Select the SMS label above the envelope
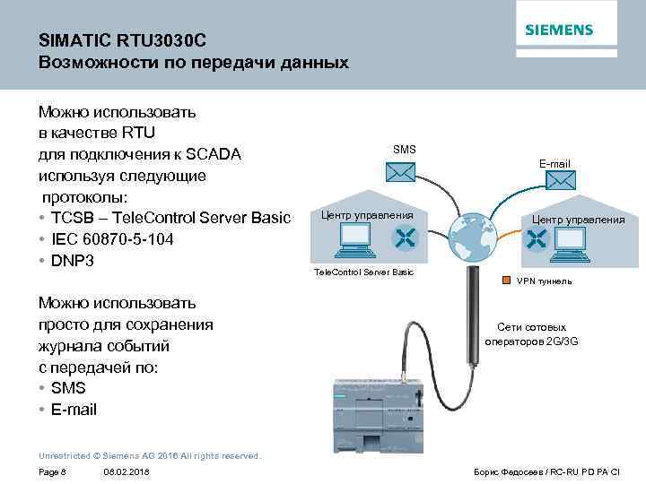tap(405, 149)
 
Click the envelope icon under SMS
tap(405, 174)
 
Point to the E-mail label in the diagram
tap(554, 163)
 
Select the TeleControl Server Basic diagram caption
tap(362, 272)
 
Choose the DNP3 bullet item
tap(74, 261)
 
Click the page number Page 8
tap(53, 471)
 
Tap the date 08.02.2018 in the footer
tap(127, 471)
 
